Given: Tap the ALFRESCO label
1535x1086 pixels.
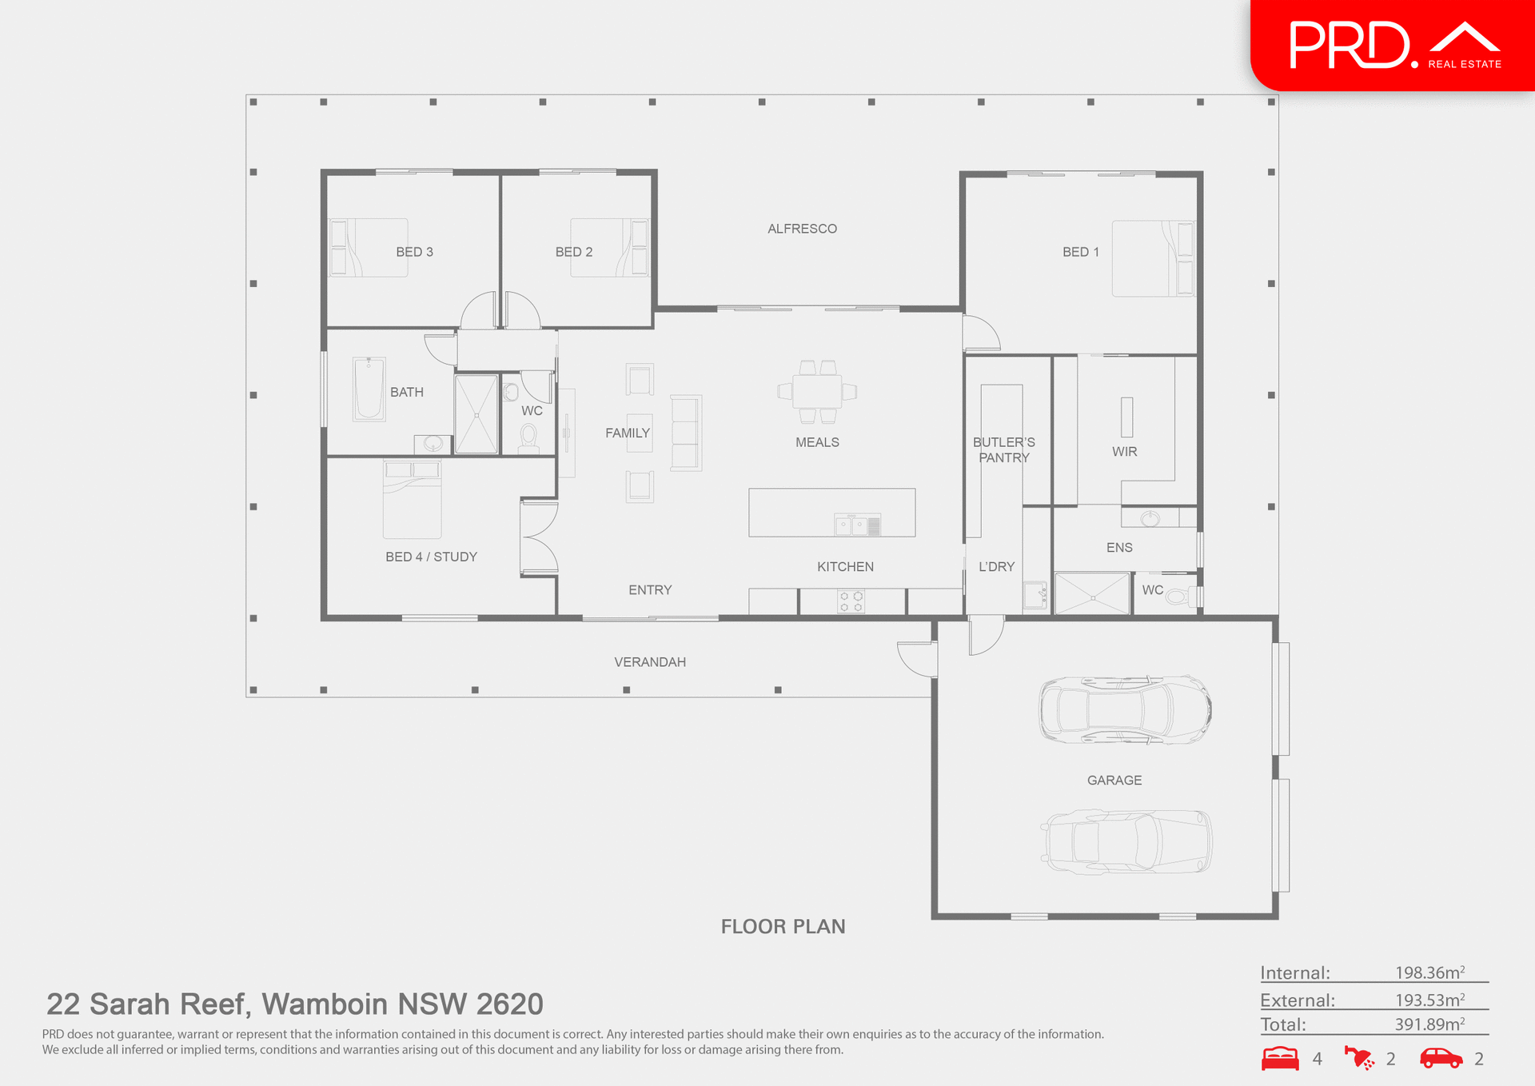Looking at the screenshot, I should point(802,229).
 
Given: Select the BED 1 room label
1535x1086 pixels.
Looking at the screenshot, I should point(1080,252).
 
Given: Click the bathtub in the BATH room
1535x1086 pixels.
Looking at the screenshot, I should point(369,389).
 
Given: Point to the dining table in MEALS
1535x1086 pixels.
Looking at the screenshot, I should point(817,391).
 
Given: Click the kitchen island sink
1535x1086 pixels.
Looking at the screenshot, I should point(851,525).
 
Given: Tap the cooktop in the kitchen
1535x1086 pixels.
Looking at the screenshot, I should point(851,601).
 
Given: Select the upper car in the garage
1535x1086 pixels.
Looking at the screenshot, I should point(1125,710).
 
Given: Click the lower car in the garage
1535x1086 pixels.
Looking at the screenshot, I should point(1126,841).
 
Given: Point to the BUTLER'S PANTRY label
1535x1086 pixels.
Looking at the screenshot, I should point(1003,449).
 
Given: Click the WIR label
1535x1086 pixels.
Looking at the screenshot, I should point(1124,452).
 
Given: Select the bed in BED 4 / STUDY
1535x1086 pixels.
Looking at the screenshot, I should point(412,499).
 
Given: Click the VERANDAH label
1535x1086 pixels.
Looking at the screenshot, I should point(649,662).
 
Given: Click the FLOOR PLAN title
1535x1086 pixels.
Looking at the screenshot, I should point(783,926).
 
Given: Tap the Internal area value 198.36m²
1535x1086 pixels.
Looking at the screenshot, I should point(1429,972).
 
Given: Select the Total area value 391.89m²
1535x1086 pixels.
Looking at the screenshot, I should point(1429,1024).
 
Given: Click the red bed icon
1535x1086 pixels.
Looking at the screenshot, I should point(1280,1058).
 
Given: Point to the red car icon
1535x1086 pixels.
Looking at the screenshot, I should point(1441,1058).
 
